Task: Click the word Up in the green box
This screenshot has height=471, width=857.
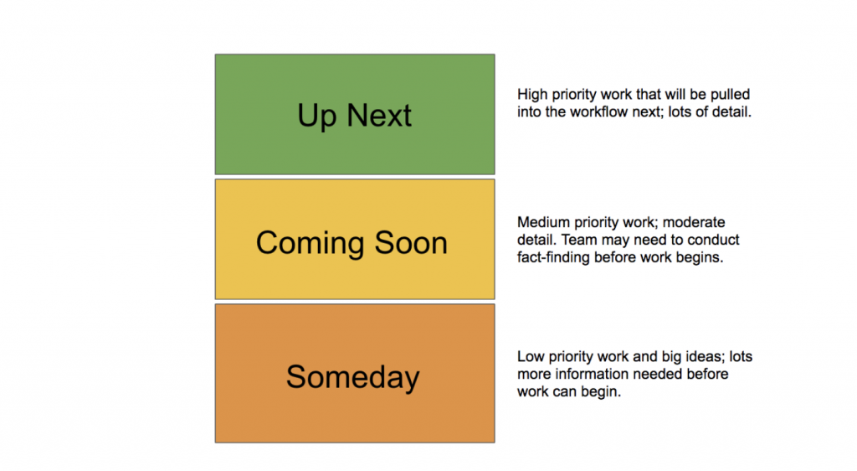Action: tap(316, 116)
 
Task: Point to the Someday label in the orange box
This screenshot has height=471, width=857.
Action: tap(352, 376)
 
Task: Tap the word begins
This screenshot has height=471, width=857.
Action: tap(701, 257)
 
